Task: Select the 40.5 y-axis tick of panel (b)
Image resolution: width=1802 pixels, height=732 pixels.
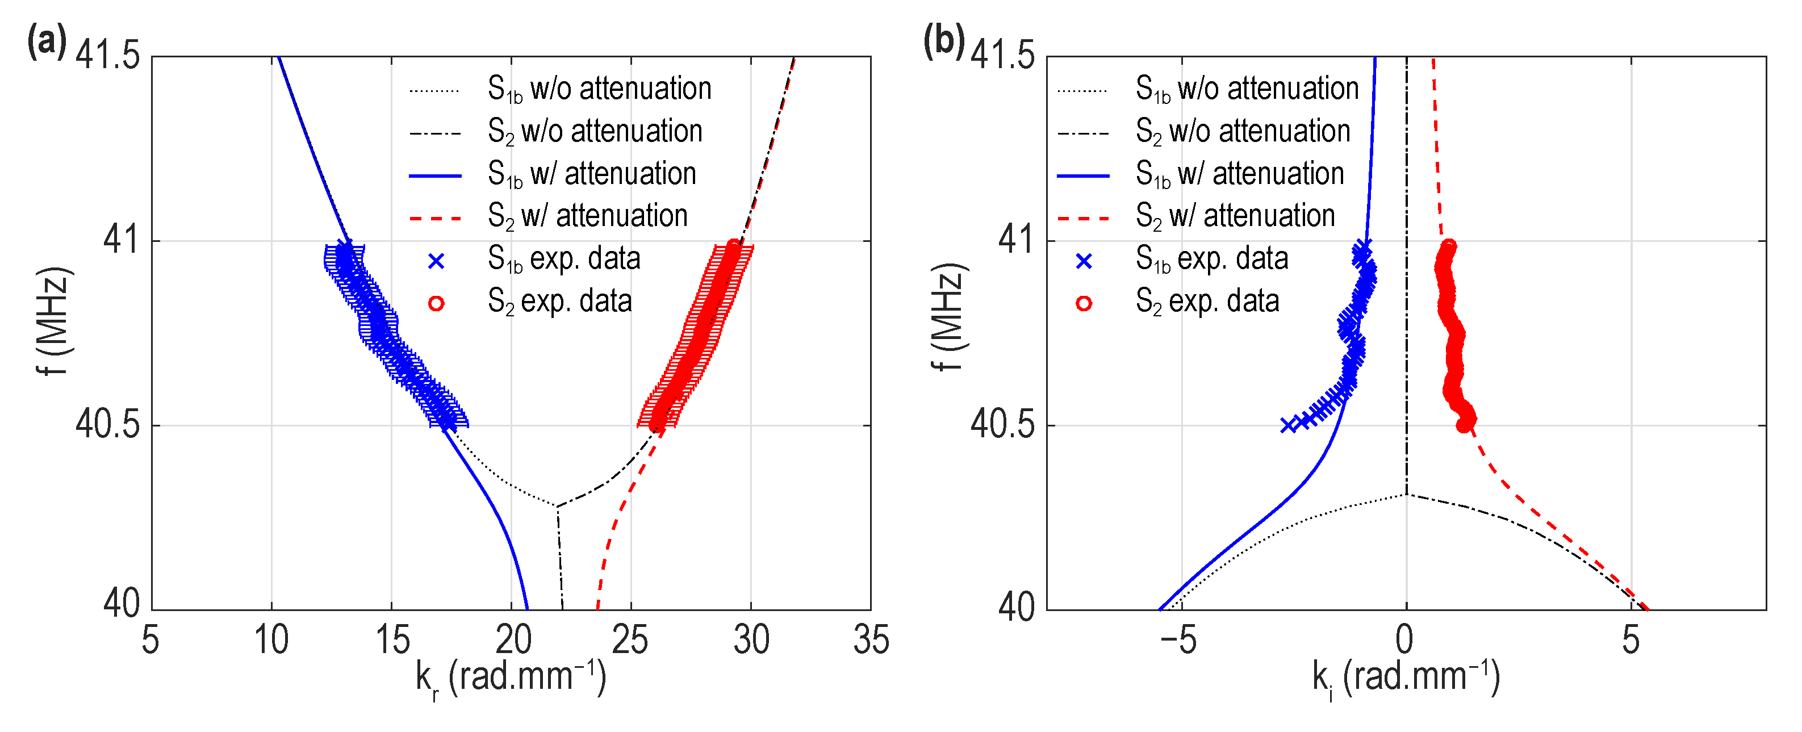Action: pyautogui.click(x=1002, y=425)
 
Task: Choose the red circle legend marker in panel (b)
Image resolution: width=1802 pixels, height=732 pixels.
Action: pyautogui.click(x=1084, y=303)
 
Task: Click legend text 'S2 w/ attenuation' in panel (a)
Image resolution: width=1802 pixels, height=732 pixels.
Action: pyautogui.click(x=588, y=216)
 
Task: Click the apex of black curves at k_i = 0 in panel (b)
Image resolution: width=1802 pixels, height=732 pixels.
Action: pyautogui.click(x=1407, y=495)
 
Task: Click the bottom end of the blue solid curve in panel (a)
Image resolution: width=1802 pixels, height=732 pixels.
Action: pyautogui.click(x=527, y=608)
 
